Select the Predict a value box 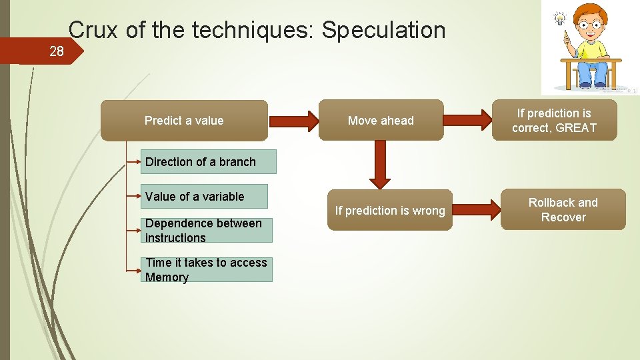184,121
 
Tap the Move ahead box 381,121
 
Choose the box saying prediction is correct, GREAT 554,121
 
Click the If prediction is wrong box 390,211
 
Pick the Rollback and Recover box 563,210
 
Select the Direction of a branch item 201,162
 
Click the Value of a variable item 195,197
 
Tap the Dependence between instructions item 203,231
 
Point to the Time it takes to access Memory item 206,270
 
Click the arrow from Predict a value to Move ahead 293,121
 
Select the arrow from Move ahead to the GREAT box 467,121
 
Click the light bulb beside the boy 558,18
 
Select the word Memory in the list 167,277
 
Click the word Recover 563,217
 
